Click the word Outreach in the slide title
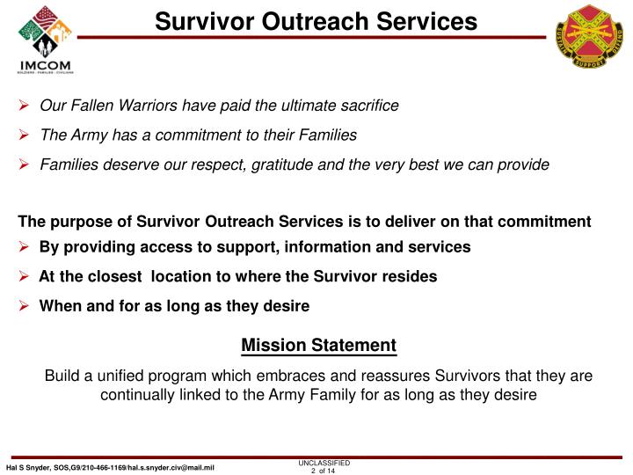pyautogui.click(x=309, y=20)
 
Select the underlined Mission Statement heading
pyautogui.click(x=318, y=346)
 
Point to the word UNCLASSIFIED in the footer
pyautogui.click(x=324, y=462)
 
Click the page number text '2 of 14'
pyautogui.click(x=324, y=470)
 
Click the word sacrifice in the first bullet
pyautogui.click(x=368, y=106)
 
